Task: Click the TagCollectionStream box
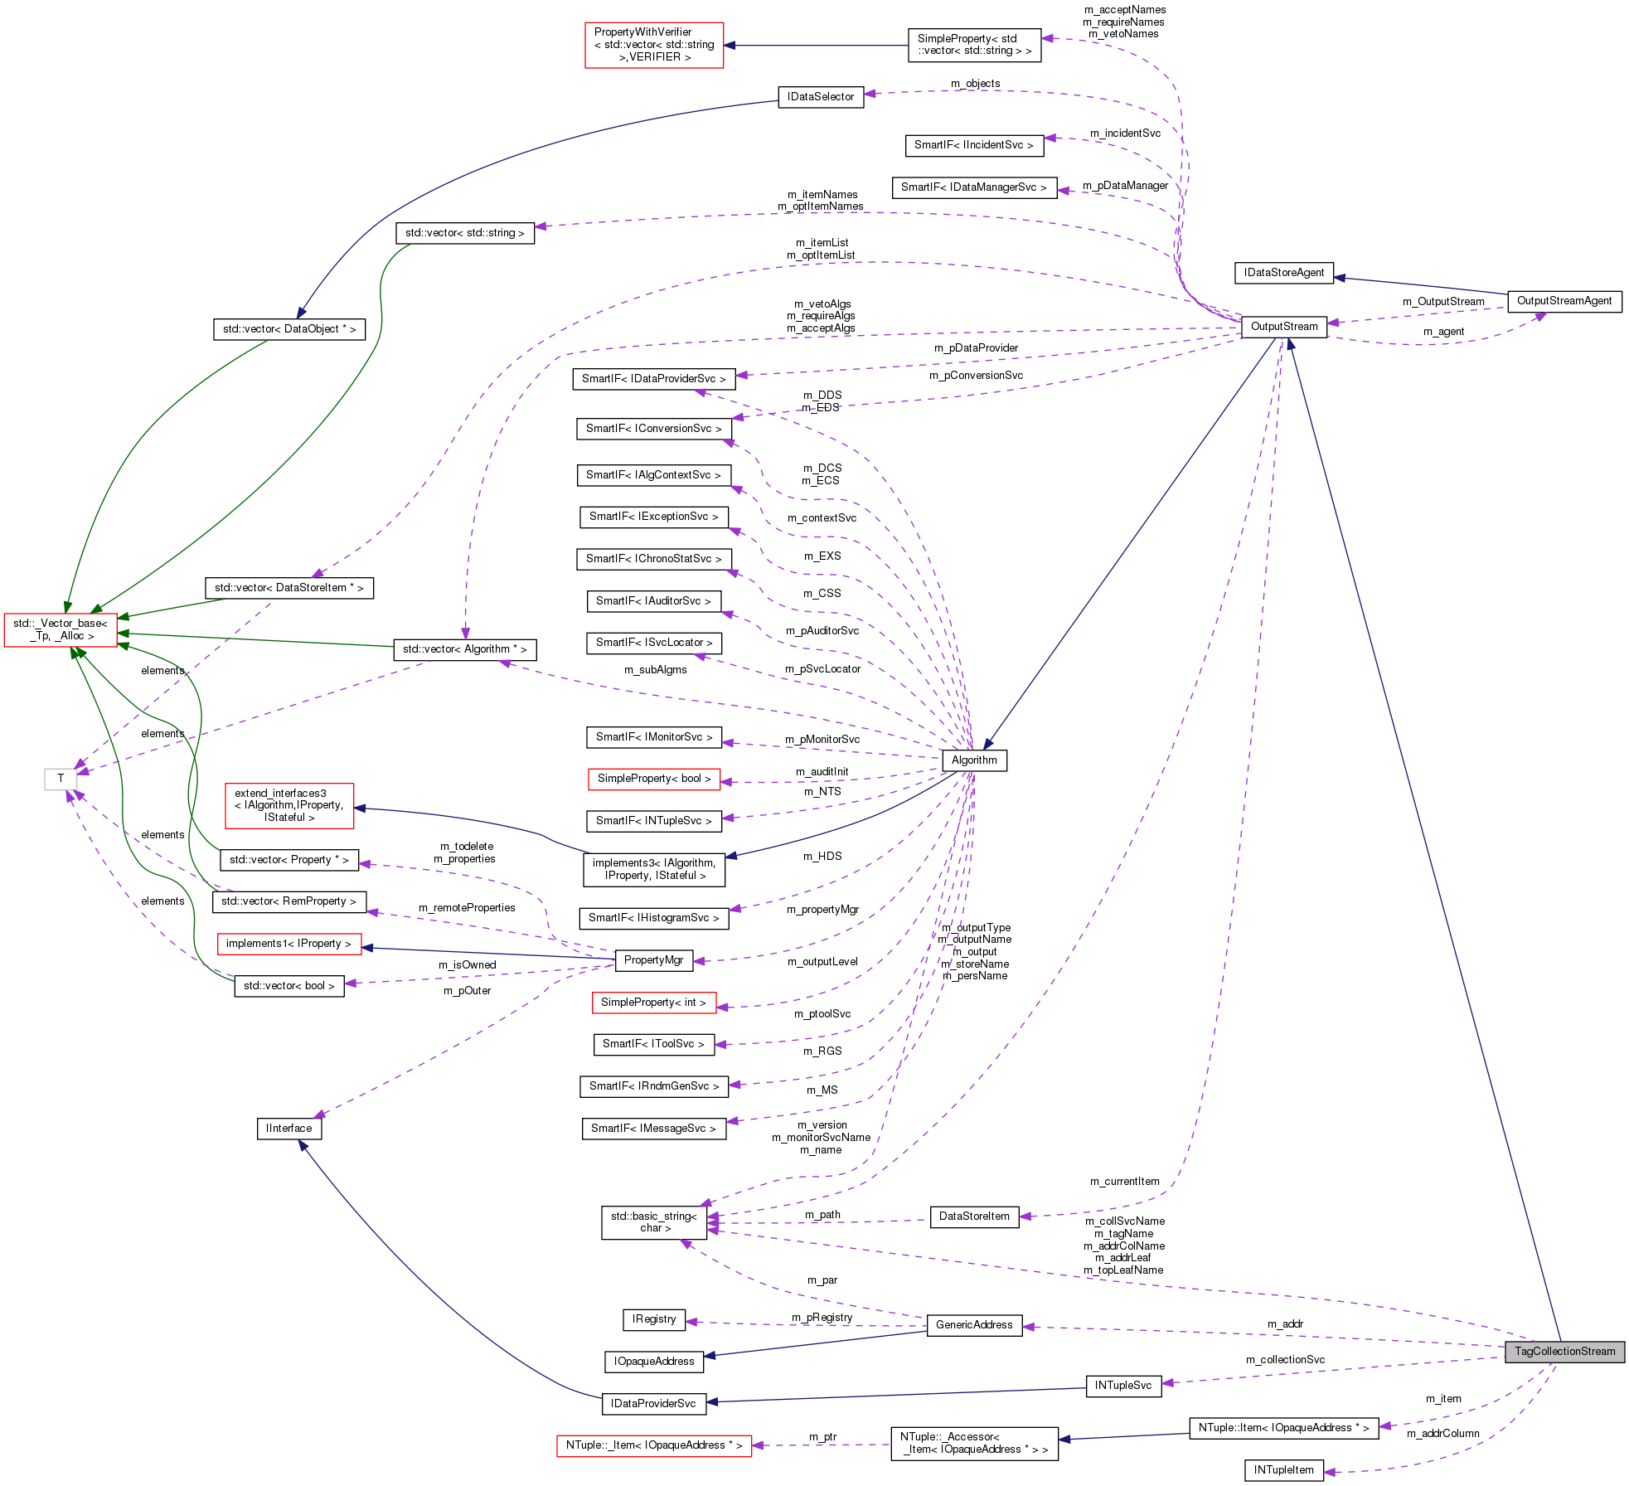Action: click(x=1564, y=1352)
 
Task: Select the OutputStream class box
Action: click(x=1283, y=327)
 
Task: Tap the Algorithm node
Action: click(x=974, y=760)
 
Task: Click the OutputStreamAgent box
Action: click(x=1564, y=301)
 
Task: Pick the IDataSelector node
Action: click(x=820, y=97)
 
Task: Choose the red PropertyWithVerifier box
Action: click(x=653, y=45)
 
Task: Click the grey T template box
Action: click(x=61, y=779)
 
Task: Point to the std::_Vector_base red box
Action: click(x=61, y=630)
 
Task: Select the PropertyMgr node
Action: click(x=653, y=960)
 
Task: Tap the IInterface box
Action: click(x=288, y=1129)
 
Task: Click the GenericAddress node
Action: click(x=973, y=1325)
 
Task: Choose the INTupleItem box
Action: click(x=1283, y=1470)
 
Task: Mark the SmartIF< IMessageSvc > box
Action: click(x=653, y=1129)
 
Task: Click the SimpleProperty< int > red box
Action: click(x=653, y=1003)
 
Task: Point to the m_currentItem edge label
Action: click(x=1124, y=1182)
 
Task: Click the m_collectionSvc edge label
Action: click(x=1284, y=1360)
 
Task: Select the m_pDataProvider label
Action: click(x=976, y=348)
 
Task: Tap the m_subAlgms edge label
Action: click(x=655, y=670)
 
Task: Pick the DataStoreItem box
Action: click(x=973, y=1216)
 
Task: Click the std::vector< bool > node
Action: click(x=288, y=986)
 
